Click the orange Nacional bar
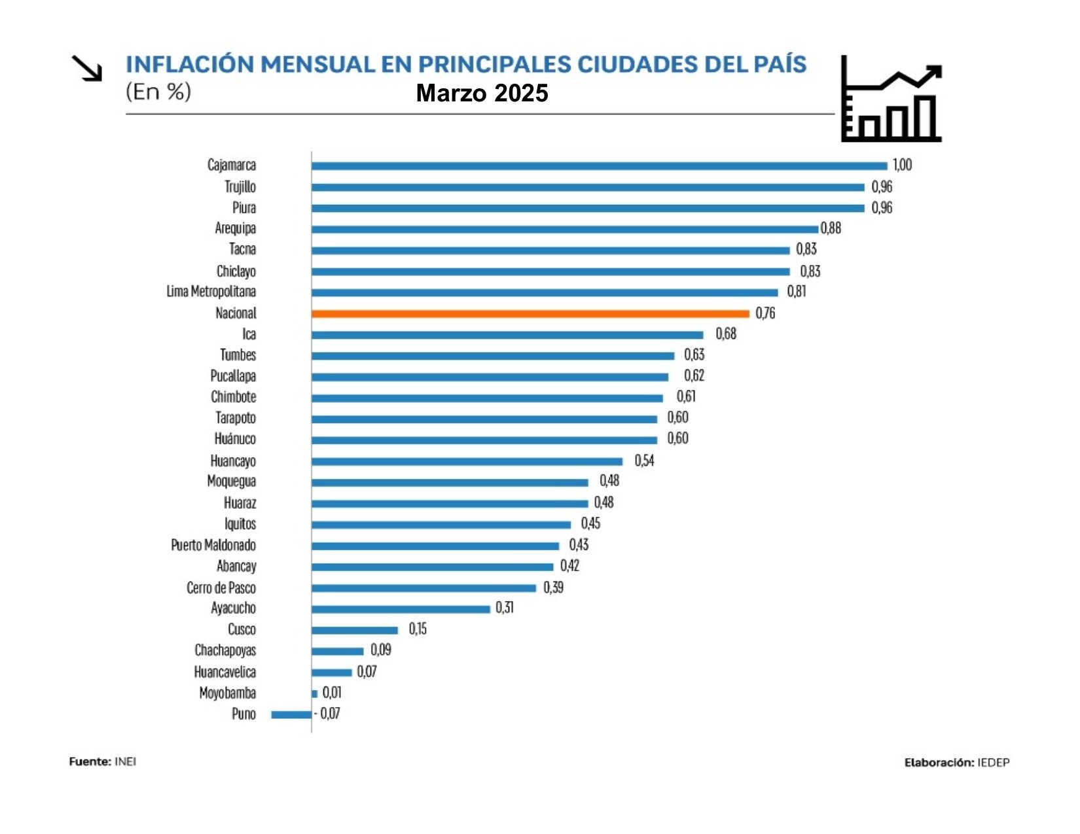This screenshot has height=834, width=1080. pyautogui.click(x=530, y=314)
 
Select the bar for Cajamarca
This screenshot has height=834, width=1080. pyautogui.click(x=599, y=166)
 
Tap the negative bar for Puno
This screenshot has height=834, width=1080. pyautogui.click(x=291, y=714)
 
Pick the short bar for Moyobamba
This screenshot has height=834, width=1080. pyautogui.click(x=315, y=693)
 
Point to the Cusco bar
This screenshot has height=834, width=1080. pyautogui.click(x=355, y=630)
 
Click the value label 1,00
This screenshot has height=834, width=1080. pyautogui.click(x=902, y=165)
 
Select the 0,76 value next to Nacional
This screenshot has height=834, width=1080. pyautogui.click(x=765, y=313)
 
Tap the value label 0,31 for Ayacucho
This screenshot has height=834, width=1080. pyautogui.click(x=505, y=608)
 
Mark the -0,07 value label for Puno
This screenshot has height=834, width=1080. pyautogui.click(x=327, y=714)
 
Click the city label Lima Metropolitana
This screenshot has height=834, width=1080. pyautogui.click(x=211, y=292)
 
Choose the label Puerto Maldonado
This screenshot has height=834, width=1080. pyautogui.click(x=213, y=546)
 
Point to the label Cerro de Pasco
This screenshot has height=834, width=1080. pyautogui.click(x=221, y=588)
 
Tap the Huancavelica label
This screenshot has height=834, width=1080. pyautogui.click(x=225, y=672)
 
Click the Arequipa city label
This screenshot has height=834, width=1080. pyautogui.click(x=235, y=228)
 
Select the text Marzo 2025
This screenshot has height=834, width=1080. pyautogui.click(x=482, y=94)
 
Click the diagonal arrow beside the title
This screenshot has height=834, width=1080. pyautogui.click(x=87, y=69)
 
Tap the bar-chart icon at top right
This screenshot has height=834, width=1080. pyautogui.click(x=891, y=99)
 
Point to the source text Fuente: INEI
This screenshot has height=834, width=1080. pyautogui.click(x=103, y=761)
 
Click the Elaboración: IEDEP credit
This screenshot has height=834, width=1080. pyautogui.click(x=957, y=763)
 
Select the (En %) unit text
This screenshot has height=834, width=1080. pyautogui.click(x=158, y=92)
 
